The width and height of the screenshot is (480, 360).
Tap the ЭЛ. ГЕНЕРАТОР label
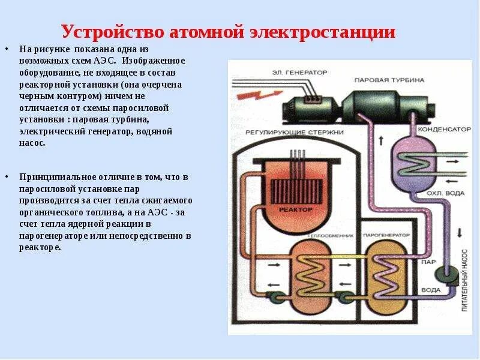click(307, 72)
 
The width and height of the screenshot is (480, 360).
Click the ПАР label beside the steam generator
click(429, 262)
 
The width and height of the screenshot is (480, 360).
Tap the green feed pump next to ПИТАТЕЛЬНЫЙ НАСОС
click(446, 274)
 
